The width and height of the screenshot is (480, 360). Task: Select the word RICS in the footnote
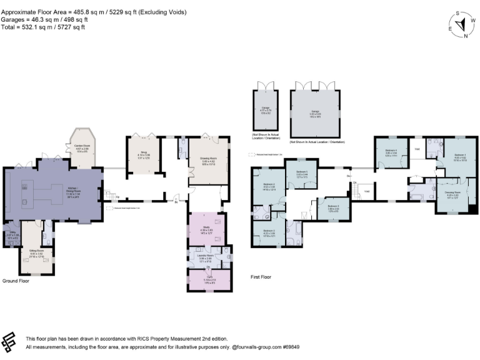point(132,338)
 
